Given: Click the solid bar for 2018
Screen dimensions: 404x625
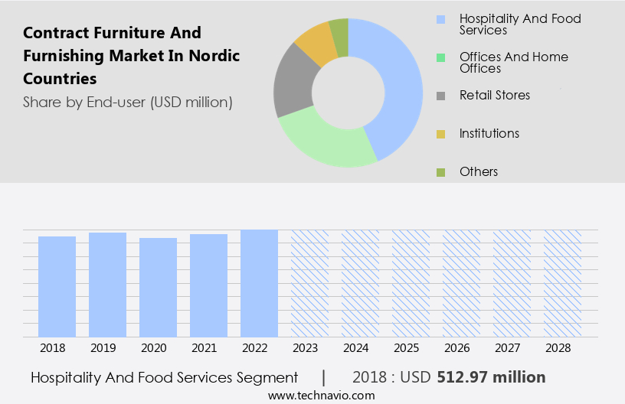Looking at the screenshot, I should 57,286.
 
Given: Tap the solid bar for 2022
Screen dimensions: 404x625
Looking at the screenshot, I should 259,283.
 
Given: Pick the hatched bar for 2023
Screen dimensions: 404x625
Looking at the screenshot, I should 309,283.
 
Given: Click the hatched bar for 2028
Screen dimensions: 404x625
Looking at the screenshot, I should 562,283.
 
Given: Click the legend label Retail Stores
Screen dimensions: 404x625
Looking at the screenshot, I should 494,95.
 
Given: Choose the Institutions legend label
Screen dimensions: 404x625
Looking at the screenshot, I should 489,133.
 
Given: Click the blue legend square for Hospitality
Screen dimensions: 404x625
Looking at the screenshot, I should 440,19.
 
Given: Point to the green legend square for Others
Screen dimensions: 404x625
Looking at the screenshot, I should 440,172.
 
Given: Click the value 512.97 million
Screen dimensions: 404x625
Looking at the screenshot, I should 491,377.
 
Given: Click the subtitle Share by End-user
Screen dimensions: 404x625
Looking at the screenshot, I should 127,102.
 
